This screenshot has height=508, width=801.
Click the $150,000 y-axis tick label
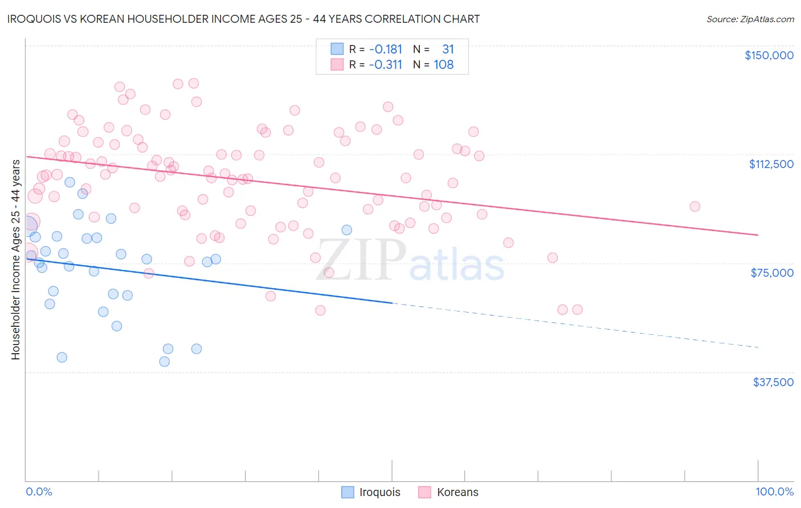coord(769,55)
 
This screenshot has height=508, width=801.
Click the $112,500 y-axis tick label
coord(771,164)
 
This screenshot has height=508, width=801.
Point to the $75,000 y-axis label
coord(772,273)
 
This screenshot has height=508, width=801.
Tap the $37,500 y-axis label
coord(773,382)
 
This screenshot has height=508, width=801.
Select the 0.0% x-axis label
coord(39,491)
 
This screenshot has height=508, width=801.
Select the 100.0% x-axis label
coord(774,491)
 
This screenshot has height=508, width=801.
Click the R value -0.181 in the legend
coord(385,50)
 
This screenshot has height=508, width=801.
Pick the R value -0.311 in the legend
coord(385,65)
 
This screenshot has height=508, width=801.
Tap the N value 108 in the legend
coord(443,65)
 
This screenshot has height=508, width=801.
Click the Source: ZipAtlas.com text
coord(750,19)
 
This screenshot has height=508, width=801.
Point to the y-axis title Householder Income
coord(15,259)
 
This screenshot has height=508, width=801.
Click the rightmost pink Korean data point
coord(694,207)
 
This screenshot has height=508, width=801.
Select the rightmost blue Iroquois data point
coord(346,230)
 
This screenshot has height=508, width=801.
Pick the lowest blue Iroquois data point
coord(164,362)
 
